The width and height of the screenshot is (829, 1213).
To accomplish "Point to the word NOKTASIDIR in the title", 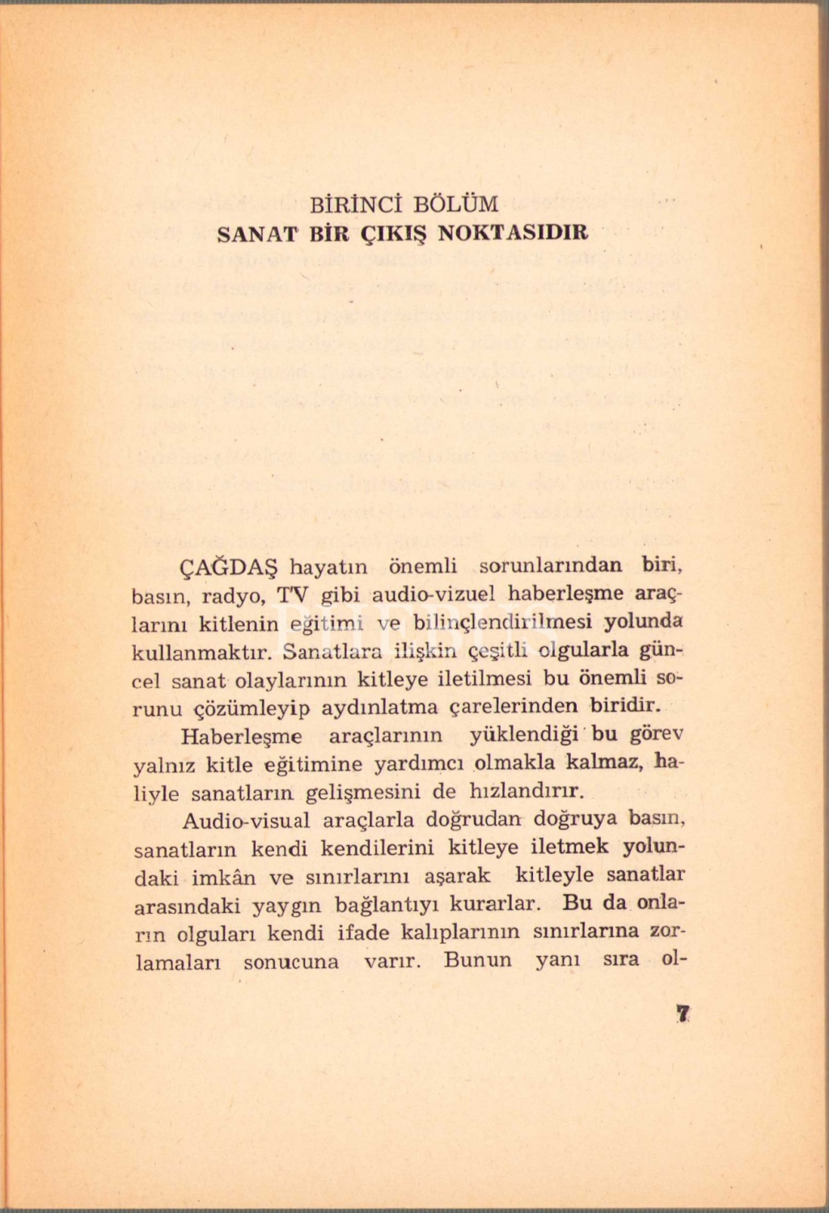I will pyautogui.click(x=513, y=234).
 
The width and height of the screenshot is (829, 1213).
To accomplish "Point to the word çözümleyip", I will pyautogui.click(x=253, y=708).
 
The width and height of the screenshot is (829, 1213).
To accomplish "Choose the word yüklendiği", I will pyautogui.click(x=525, y=735).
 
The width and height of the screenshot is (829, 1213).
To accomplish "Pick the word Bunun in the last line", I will pyautogui.click(x=478, y=961).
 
